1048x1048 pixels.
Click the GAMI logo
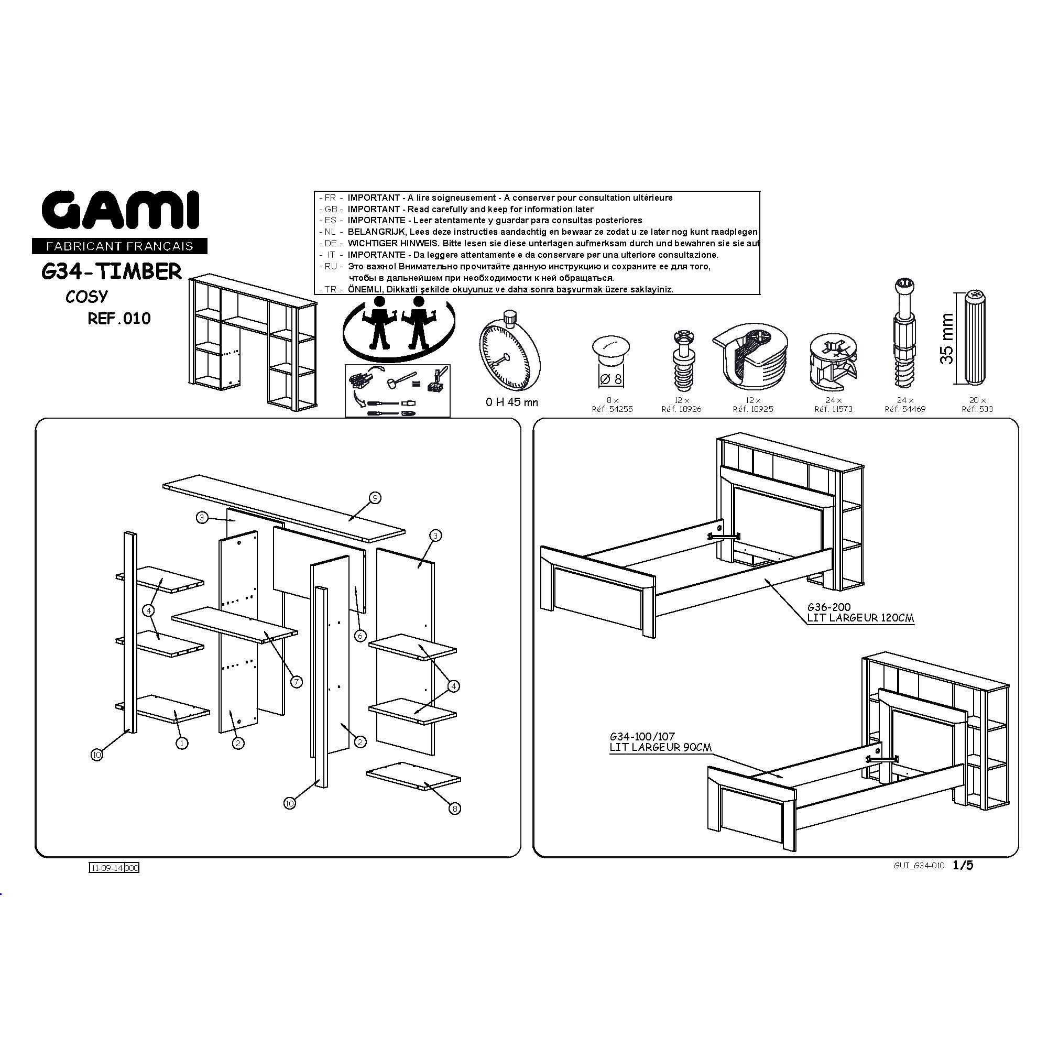tap(121, 211)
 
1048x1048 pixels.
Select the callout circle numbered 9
tap(374, 497)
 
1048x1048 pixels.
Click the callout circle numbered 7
tap(296, 682)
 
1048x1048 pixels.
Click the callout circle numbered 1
tap(182, 743)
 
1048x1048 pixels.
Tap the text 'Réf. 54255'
tap(612, 409)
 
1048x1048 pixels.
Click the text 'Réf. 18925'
tap(753, 409)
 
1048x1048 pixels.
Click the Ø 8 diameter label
tap(612, 379)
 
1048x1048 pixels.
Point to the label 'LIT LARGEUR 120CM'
tap(860, 618)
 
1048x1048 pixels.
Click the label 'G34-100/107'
tap(642, 737)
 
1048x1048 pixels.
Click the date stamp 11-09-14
tap(107, 868)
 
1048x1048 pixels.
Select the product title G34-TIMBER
tap(112, 271)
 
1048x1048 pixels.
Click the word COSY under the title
tap(87, 297)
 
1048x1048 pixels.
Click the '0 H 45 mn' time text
tap(511, 402)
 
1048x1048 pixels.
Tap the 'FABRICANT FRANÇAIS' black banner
tap(120, 246)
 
